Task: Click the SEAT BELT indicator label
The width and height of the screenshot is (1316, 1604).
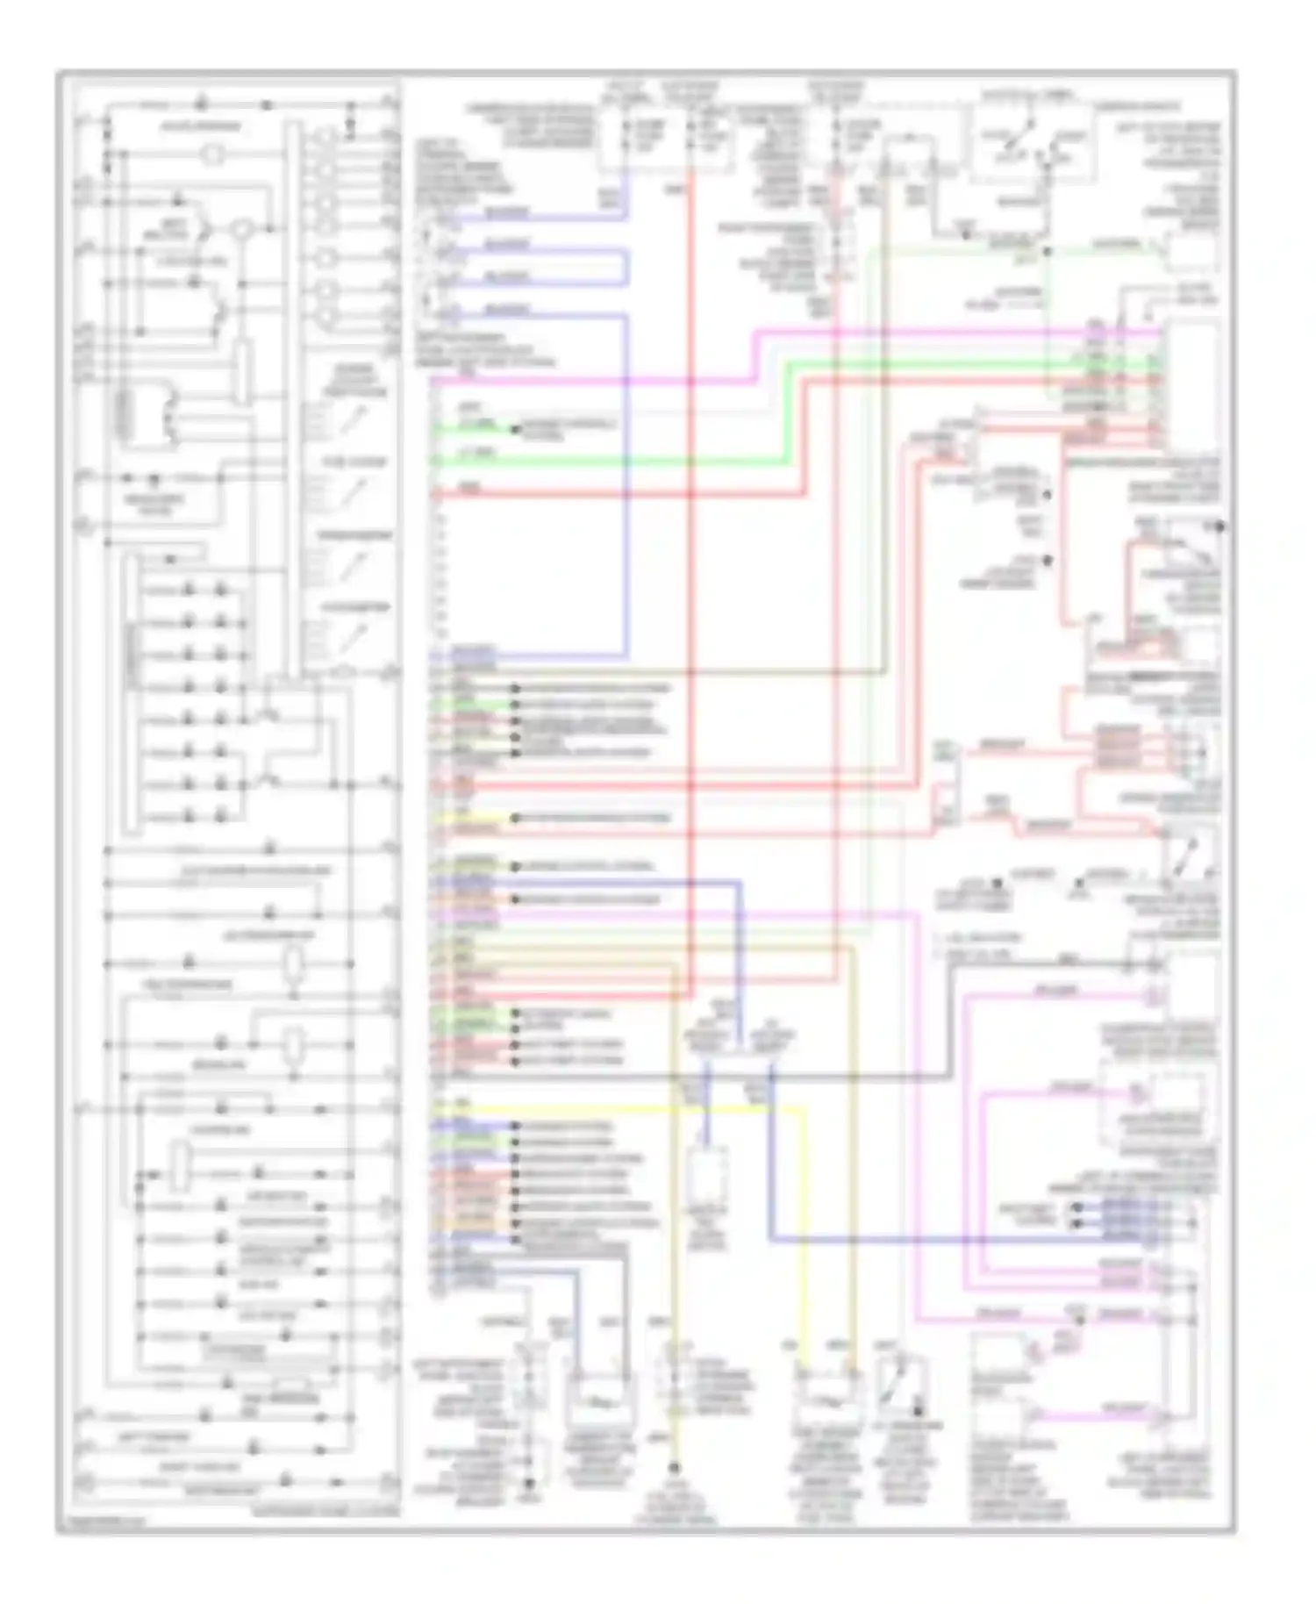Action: tap(167, 231)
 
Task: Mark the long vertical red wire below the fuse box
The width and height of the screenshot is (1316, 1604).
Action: tap(691, 570)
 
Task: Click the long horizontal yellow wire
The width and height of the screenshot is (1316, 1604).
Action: tap(614, 1110)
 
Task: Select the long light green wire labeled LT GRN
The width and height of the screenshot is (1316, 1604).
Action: tap(614, 462)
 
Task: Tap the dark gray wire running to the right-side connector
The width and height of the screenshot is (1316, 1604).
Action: tap(702, 1077)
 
